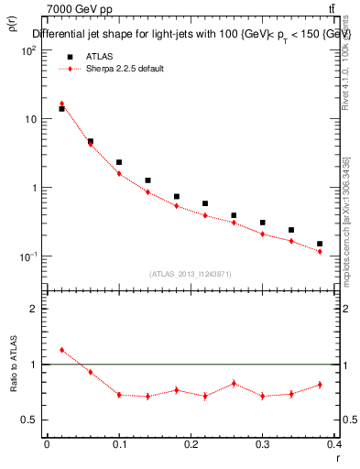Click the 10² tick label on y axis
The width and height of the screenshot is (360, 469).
click(x=27, y=51)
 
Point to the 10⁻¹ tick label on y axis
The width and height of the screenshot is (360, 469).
click(x=27, y=256)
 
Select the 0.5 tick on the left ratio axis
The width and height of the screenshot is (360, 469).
click(x=29, y=420)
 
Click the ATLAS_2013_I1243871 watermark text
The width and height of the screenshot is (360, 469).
click(x=190, y=274)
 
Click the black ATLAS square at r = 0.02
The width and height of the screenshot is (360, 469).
click(x=61, y=109)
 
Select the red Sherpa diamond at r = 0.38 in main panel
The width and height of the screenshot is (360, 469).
click(x=320, y=251)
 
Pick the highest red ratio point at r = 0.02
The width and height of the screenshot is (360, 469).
click(x=61, y=350)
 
